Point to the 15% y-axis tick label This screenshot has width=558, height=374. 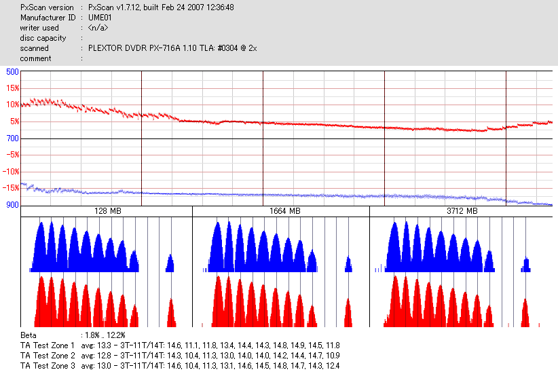(12, 88)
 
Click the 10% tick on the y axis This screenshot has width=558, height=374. (12, 105)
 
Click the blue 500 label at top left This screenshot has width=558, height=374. (12, 72)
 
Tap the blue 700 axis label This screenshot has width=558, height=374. (12, 138)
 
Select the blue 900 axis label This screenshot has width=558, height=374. (12, 204)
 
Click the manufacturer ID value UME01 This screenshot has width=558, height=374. (100, 18)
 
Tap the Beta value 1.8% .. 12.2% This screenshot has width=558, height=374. (103, 335)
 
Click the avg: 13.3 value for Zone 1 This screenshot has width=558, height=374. (95, 345)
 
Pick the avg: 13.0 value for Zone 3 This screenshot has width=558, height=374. (95, 366)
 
